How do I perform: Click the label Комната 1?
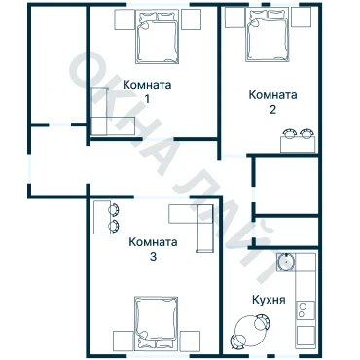tap(147, 91)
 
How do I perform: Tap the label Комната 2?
tap(272, 102)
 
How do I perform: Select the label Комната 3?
tap(153, 249)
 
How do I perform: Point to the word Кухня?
tap(269, 300)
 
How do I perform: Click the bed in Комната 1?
tap(158, 36)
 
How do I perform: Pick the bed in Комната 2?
tap(268, 35)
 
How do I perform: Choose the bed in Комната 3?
tap(157, 323)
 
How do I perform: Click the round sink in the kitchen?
tap(286, 262)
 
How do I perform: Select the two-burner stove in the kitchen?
tap(306, 310)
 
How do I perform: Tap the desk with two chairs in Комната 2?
tap(298, 141)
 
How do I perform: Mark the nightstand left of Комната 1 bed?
tap(125, 19)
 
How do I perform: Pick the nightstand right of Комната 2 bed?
tap(301, 18)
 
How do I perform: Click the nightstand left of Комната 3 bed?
tap(124, 341)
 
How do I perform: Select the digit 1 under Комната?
tap(147, 99)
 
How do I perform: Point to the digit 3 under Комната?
tap(153, 257)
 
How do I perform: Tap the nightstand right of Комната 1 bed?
tap(191, 19)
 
